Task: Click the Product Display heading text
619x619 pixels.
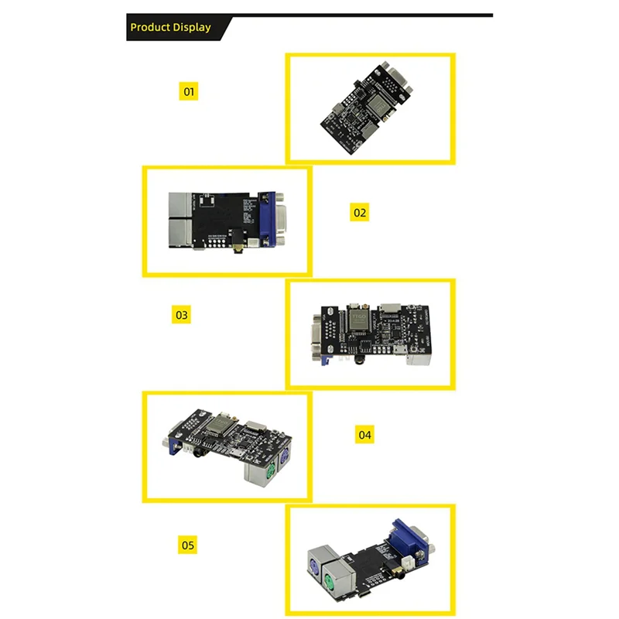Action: (170, 27)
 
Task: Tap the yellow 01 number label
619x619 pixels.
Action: (188, 91)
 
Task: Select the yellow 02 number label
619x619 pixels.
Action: (360, 212)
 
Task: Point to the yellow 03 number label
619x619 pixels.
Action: (182, 315)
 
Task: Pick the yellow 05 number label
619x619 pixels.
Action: (188, 545)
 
